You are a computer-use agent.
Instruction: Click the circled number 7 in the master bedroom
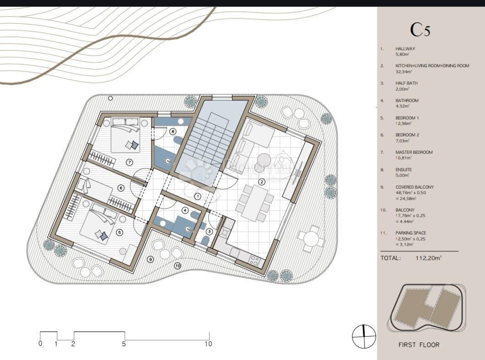click(129, 162)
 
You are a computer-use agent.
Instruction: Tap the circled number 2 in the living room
click(262, 182)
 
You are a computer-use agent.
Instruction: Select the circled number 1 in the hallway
click(197, 196)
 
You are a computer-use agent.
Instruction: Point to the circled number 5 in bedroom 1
click(119, 233)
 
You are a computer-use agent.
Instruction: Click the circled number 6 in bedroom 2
click(121, 188)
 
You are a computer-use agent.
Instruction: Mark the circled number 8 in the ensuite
click(172, 131)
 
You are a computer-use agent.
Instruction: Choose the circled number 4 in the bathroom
click(185, 211)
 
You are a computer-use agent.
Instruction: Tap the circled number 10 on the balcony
click(178, 265)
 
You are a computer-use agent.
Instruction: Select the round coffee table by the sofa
click(264, 160)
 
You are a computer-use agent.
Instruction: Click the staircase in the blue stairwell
click(208, 137)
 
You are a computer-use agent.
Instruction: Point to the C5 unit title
click(420, 30)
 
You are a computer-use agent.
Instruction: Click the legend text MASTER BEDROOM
click(414, 153)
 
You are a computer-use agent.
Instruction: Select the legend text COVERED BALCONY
click(415, 187)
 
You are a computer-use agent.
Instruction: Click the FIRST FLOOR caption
click(419, 345)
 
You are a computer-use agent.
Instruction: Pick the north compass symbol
click(364, 337)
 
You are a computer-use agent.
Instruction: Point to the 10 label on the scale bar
click(208, 344)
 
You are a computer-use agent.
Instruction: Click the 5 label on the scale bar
click(124, 344)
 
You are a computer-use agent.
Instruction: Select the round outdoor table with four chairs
click(311, 238)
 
